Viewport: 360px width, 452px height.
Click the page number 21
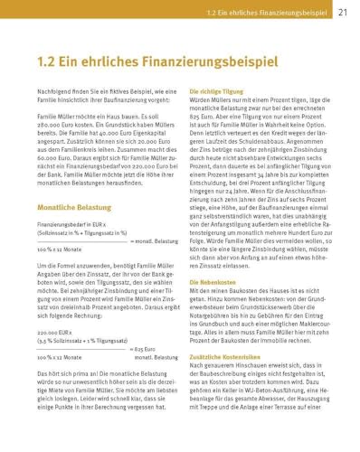(x=343, y=13)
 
